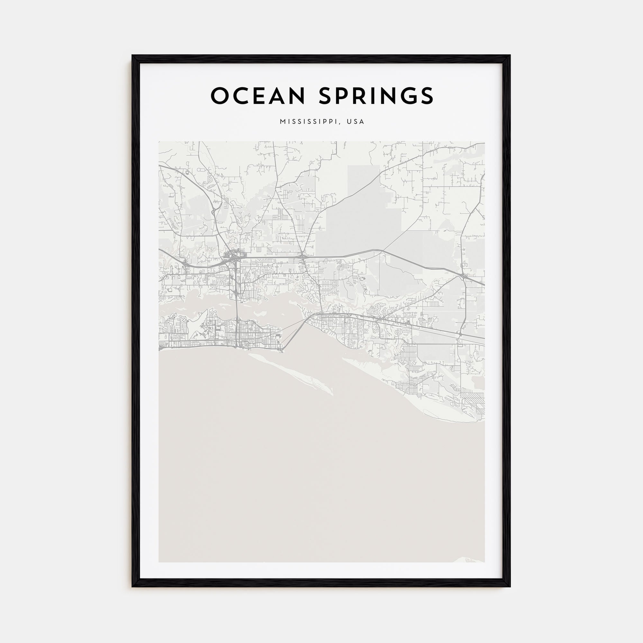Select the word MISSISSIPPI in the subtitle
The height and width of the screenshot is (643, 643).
pos(309,122)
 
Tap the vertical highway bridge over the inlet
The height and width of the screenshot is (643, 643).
pos(237,308)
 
